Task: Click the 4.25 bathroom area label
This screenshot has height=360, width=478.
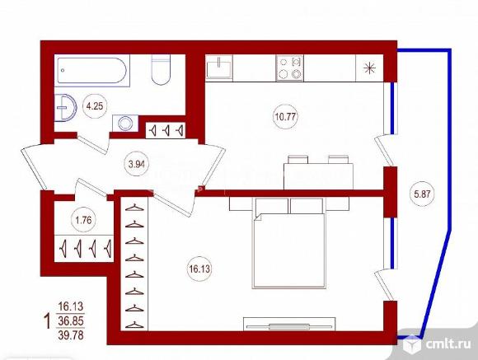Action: point(95,107)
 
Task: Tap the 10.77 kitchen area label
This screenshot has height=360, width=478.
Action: point(285,116)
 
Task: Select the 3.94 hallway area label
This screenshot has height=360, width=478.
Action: point(136,165)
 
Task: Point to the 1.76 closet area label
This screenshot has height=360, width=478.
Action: point(83,220)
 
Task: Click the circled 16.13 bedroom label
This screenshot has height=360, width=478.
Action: point(199,269)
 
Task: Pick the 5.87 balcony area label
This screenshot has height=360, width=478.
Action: point(422,194)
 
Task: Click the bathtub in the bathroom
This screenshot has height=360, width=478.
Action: point(91,70)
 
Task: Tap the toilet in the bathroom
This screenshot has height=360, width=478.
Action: point(161,70)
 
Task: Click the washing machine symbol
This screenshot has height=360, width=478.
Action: point(125,124)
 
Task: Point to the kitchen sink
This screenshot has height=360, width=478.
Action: point(219,68)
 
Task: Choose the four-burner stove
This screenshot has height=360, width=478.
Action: point(289,68)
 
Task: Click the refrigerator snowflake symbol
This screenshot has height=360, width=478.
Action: point(369,68)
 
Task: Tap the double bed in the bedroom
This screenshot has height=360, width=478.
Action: point(289,243)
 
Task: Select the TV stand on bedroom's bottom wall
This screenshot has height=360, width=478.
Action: point(289,324)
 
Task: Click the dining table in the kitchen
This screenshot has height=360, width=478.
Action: point(319,176)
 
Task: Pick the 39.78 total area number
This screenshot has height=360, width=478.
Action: point(71,335)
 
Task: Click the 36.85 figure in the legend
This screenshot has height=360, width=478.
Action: point(71,320)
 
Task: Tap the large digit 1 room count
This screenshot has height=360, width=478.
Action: point(47,322)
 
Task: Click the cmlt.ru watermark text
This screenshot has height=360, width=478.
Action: point(448,344)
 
